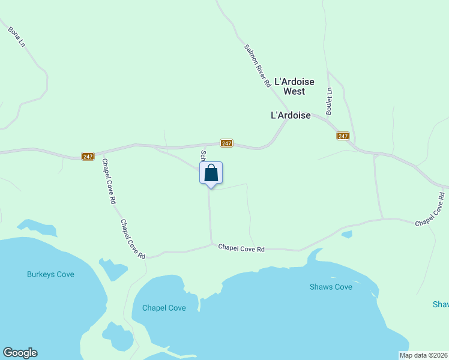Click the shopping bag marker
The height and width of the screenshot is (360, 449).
pyautogui.click(x=211, y=173)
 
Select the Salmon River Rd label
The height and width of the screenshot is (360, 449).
pyautogui.click(x=258, y=67)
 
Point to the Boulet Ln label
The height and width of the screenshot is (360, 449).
pyautogui.click(x=329, y=101)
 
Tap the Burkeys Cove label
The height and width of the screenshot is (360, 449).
pyautogui.click(x=50, y=274)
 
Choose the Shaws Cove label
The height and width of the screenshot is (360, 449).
pyautogui.click(x=331, y=287)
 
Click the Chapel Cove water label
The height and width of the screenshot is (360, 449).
pyautogui.click(x=164, y=308)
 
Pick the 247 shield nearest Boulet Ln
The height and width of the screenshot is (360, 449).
pyautogui.click(x=343, y=136)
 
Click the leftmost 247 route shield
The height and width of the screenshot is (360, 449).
pyautogui.click(x=88, y=157)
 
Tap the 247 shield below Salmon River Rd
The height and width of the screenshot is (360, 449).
pyautogui.click(x=226, y=143)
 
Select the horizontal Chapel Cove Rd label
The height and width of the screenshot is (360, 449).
pyautogui.click(x=241, y=248)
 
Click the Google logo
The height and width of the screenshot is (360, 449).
pyautogui.click(x=20, y=353)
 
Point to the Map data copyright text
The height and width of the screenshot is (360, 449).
pyautogui.click(x=423, y=355)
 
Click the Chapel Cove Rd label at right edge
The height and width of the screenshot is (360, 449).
pyautogui.click(x=431, y=210)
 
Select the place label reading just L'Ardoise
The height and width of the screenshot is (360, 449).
pyautogui.click(x=291, y=115)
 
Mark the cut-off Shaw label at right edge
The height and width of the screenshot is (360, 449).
pyautogui.click(x=441, y=304)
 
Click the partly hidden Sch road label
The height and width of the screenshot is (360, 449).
pyautogui.click(x=203, y=155)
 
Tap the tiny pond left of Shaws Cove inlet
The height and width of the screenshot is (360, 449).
pyautogui.click(x=346, y=234)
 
